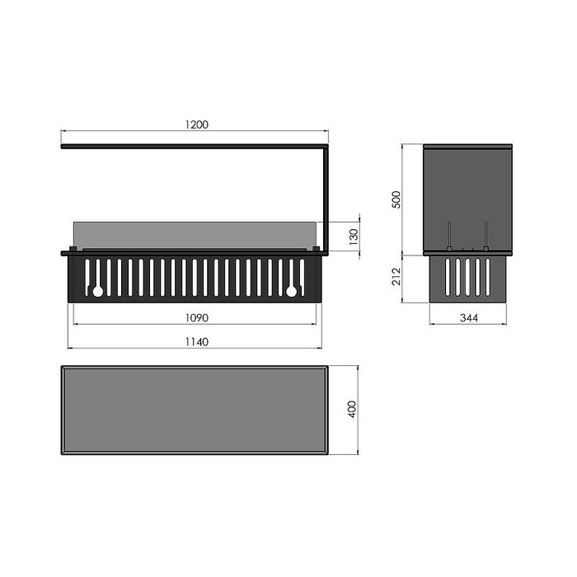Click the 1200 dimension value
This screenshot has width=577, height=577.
196,124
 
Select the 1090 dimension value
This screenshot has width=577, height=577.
196,317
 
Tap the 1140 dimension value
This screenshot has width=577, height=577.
196,342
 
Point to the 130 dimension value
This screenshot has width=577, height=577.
354,237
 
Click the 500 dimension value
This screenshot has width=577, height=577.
396,199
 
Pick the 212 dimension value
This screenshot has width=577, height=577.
396,276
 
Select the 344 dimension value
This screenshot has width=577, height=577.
469,317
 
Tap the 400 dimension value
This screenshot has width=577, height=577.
352,409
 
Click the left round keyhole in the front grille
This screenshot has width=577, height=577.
98,292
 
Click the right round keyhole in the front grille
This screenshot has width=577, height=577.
292,292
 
